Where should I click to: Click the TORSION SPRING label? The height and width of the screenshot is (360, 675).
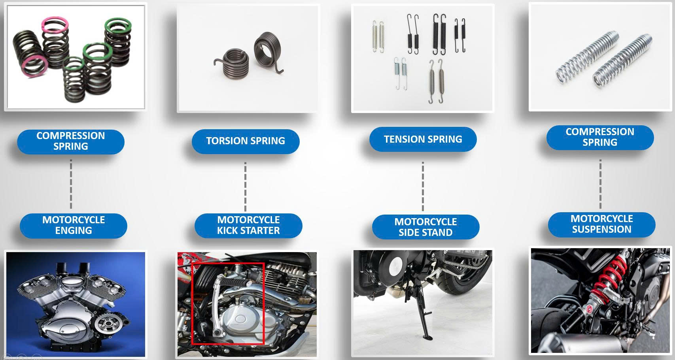pyautogui.click(x=246, y=141)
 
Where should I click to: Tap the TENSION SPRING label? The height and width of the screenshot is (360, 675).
pyautogui.click(x=423, y=139)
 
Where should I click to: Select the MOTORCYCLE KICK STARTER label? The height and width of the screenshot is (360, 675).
pyautogui.click(x=248, y=225)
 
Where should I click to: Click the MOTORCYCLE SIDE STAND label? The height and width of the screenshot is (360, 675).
pyautogui.click(x=425, y=227)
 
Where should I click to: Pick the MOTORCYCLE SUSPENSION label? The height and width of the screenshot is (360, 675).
pyautogui.click(x=601, y=224)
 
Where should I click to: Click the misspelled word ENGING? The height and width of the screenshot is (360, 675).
pyautogui.click(x=74, y=230)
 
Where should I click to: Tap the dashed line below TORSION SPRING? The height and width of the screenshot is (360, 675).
pyautogui.click(x=245, y=187)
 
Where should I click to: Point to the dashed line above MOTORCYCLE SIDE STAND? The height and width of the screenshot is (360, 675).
pyautogui.click(x=423, y=186)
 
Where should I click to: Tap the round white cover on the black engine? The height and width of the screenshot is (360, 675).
pyautogui.click(x=397, y=267)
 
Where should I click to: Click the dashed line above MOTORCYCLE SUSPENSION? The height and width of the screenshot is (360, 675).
pyautogui.click(x=600, y=184)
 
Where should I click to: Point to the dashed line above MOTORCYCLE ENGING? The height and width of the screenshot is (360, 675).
pyautogui.click(x=71, y=184)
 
